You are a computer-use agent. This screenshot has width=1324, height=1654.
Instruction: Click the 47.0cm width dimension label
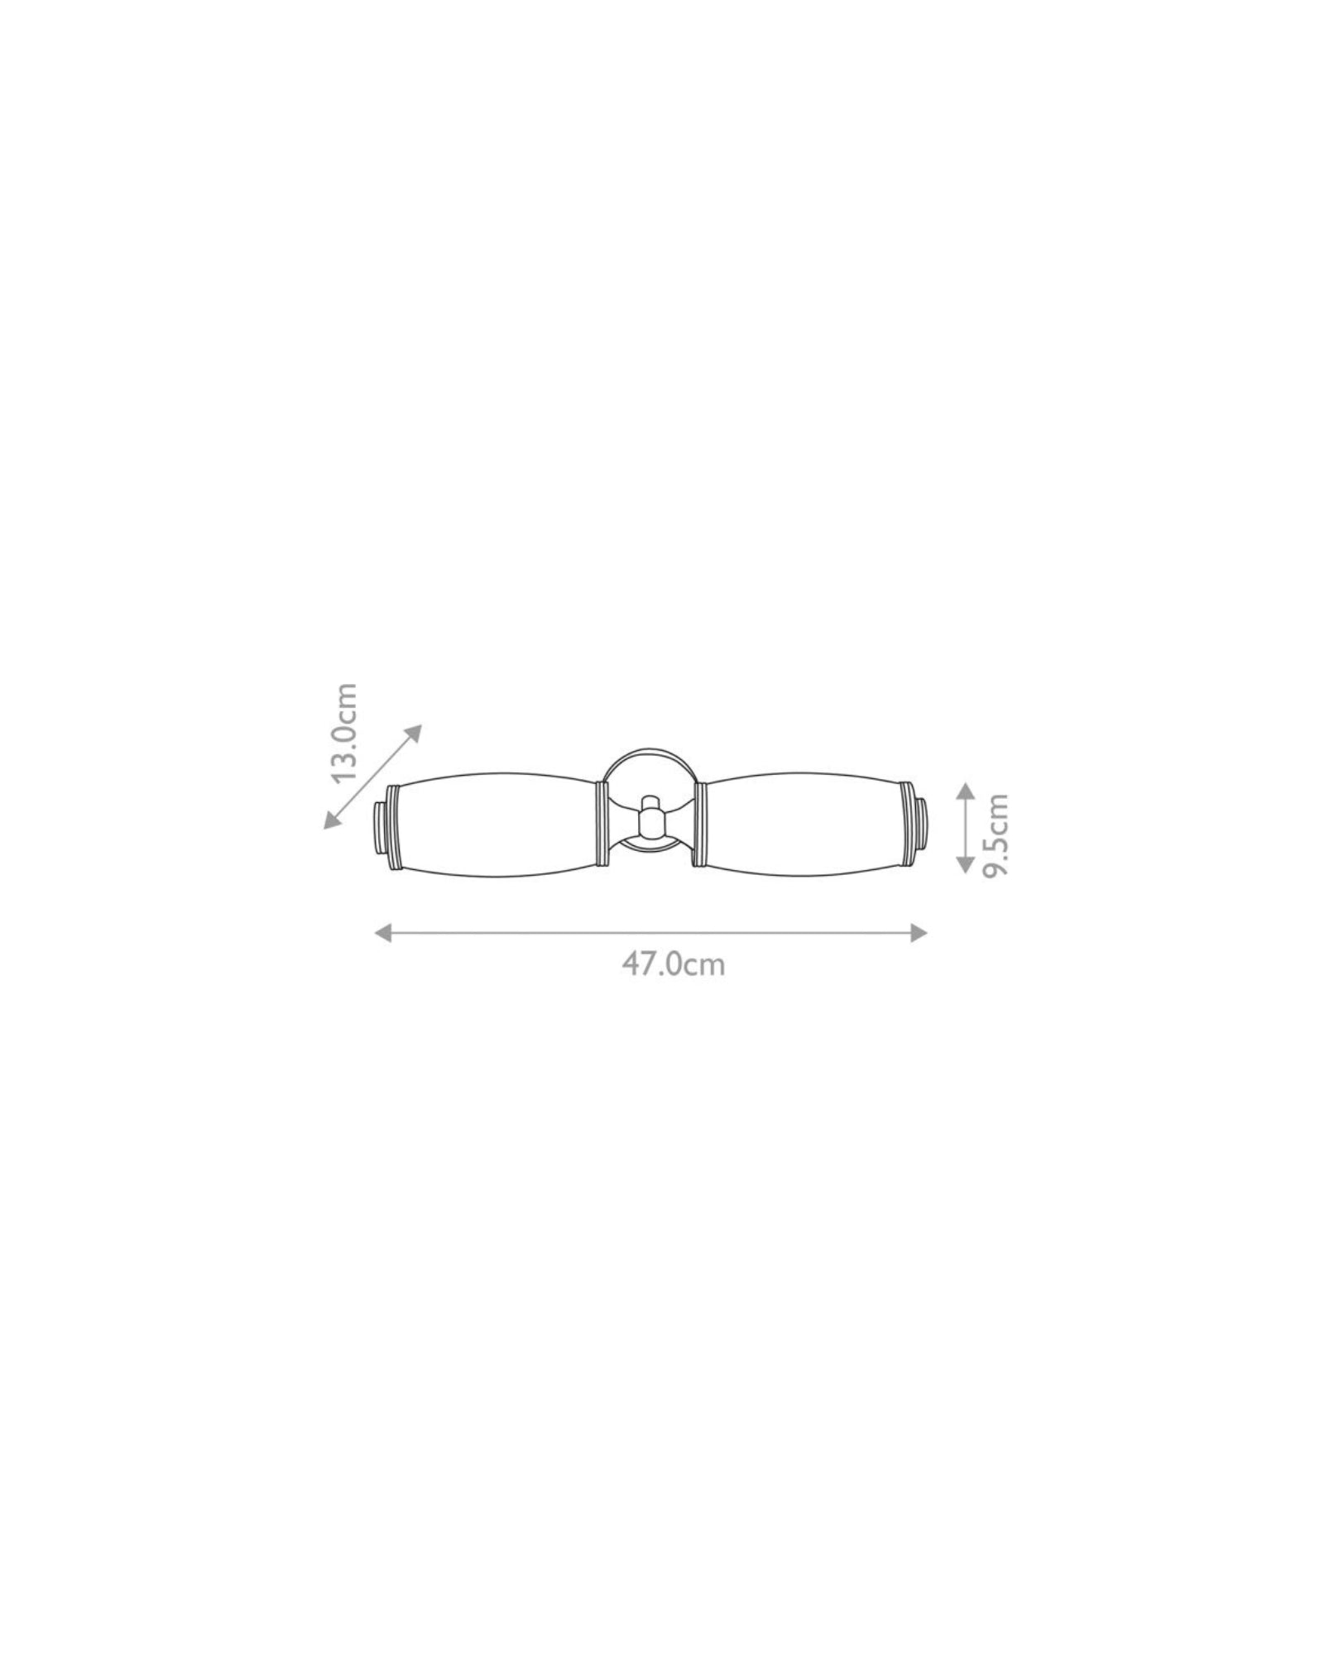[x=673, y=964]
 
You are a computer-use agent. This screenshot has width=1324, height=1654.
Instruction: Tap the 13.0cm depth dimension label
[x=342, y=734]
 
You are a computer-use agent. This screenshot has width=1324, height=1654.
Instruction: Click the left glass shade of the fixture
[x=496, y=824]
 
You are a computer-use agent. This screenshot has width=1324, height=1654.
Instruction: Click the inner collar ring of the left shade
[x=602, y=824]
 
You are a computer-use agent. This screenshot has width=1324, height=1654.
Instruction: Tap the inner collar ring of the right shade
[x=700, y=824]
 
